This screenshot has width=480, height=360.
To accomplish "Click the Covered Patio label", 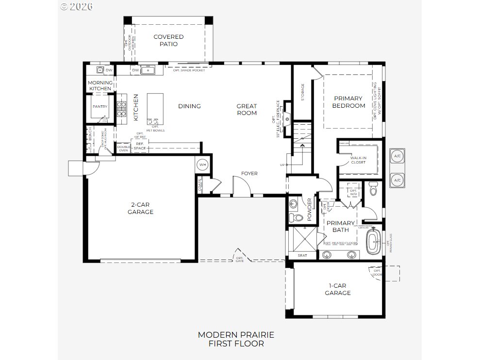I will [168, 40].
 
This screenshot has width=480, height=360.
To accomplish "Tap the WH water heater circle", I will [202, 165].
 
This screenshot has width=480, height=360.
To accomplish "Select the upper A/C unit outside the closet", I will [397, 156].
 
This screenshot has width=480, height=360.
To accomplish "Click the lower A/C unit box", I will [397, 180].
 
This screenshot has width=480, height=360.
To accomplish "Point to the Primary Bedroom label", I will [348, 102].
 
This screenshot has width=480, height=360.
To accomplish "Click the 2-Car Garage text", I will [140, 208].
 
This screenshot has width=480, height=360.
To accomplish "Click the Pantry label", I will [100, 107].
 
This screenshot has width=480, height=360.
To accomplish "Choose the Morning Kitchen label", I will [100, 85].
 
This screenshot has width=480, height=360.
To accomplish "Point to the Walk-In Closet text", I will [358, 160].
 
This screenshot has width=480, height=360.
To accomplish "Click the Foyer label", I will [249, 174].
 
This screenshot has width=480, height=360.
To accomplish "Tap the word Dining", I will [189, 106].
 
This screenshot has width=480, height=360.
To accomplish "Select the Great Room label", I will [247, 110].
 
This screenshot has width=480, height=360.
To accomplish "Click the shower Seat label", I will [302, 256].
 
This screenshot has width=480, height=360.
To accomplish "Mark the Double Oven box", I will [123, 147].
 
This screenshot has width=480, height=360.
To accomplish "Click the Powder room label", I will [309, 206].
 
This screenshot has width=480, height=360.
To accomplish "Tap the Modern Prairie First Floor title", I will [236, 339].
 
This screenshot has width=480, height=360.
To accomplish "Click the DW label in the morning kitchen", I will [109, 70].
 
